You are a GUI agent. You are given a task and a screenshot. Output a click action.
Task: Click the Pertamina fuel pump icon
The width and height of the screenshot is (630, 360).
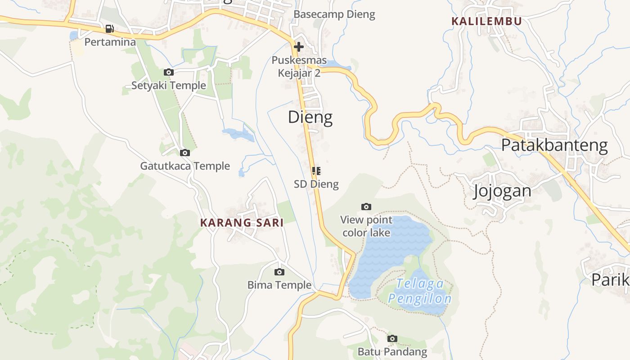coord(109,29)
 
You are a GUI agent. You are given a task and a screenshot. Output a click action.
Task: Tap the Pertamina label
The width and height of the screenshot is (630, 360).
coord(110,42)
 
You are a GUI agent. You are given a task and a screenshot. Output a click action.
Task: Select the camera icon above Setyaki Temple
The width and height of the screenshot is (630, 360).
coord(169,72)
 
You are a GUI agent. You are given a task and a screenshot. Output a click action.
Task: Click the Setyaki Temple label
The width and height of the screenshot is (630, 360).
coord(169,85)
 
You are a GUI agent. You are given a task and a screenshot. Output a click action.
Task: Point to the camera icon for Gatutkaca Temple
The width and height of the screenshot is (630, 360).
coord(184,153)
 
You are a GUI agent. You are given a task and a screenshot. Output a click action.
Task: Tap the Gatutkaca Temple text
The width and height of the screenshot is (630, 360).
coord(185,166)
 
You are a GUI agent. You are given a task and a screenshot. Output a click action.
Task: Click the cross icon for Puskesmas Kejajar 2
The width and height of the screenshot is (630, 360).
coord(298,46)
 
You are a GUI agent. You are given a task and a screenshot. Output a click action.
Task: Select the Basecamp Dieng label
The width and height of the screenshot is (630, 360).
coord(334,14)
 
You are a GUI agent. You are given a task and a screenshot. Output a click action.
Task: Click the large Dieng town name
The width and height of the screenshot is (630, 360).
coord(310,117)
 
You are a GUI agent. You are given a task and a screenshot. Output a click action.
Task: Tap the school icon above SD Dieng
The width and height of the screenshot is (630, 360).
coord(316,171)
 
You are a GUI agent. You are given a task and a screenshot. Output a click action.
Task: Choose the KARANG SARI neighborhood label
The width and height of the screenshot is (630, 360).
coord(242,223)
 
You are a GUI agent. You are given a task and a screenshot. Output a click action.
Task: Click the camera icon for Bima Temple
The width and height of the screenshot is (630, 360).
coord(279,272)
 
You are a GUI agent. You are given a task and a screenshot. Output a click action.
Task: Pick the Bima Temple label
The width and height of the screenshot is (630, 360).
coord(279,285)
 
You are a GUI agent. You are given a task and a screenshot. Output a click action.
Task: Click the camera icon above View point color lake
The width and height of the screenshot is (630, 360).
coord(366,207)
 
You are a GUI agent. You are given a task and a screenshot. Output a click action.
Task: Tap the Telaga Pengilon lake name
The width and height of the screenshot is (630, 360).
coord(420,291)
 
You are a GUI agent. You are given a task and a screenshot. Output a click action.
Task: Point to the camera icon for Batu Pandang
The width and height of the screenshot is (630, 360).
coord(392,338)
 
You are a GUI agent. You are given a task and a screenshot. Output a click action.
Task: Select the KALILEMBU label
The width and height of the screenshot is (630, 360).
coord(486,21)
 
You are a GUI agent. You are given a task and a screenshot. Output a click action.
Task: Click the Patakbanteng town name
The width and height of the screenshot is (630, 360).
coord(554,145)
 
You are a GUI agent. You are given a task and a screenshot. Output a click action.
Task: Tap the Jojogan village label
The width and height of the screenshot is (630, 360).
coord(502,191)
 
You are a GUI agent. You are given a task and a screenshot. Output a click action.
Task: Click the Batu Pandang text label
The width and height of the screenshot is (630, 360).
coord(392,351)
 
